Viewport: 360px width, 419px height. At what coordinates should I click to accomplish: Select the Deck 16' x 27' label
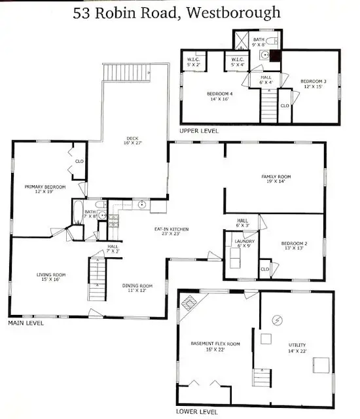point(133,141)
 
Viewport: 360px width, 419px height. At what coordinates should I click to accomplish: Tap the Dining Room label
point(137,288)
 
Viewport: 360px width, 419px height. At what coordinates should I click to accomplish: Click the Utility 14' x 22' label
point(297,348)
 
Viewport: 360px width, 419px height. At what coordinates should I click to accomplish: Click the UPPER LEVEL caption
point(199,132)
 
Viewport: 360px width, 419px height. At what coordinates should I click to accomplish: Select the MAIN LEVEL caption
point(26,323)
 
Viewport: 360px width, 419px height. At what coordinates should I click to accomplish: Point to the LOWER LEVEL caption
point(197,412)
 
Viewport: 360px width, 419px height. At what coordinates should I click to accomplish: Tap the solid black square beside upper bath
point(275,56)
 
